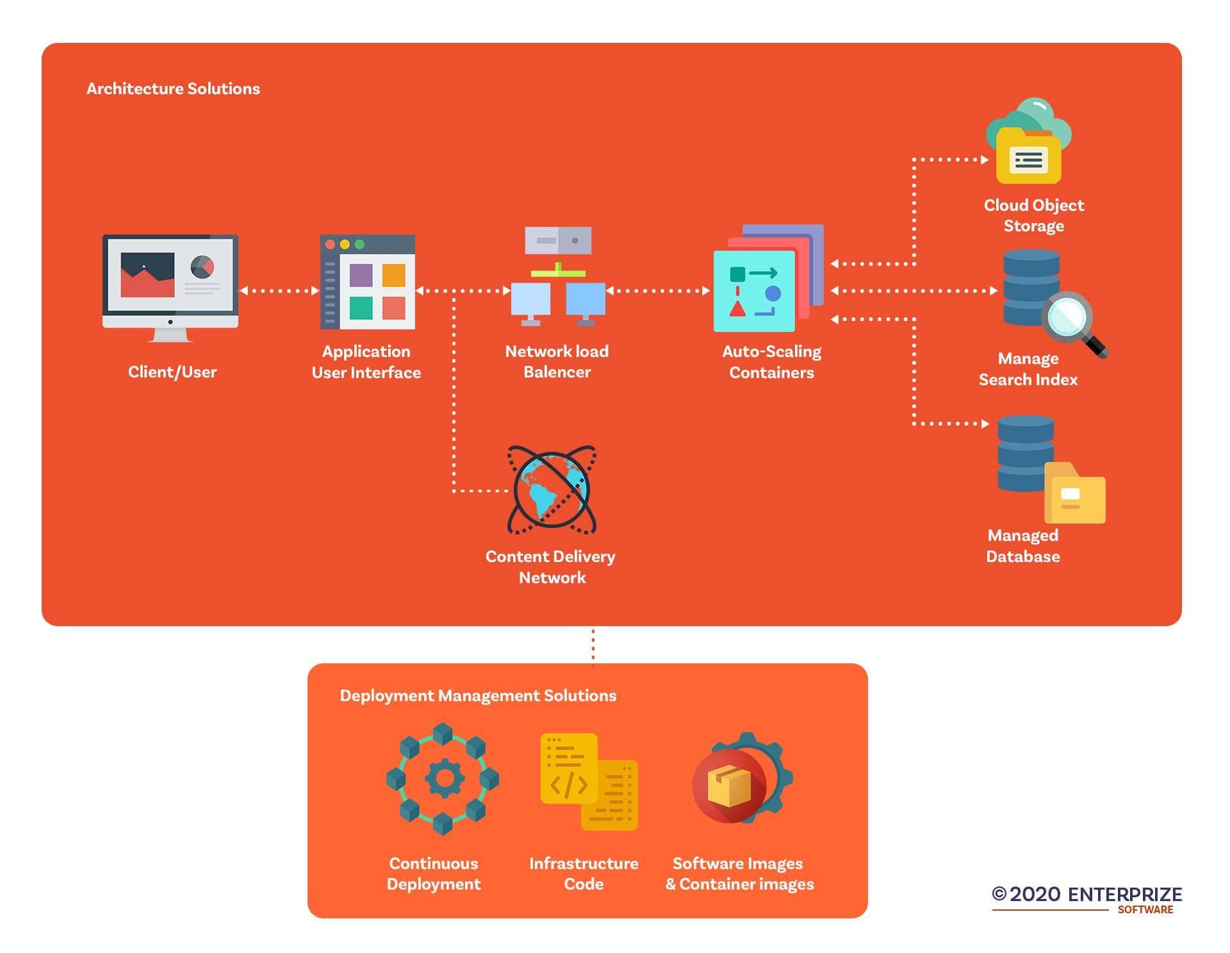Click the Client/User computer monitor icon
[x=170, y=288]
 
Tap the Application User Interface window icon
[x=368, y=282]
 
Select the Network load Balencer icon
[x=558, y=276]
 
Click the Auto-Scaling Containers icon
[x=768, y=278]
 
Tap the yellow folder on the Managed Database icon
[x=1075, y=493]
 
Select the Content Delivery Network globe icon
[x=552, y=490]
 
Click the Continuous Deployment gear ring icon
[x=443, y=779]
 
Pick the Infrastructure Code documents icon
[x=589, y=782]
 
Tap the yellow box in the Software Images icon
[x=729, y=786]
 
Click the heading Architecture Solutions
[x=173, y=88]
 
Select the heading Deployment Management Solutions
[x=478, y=696]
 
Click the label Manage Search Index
[x=1028, y=369]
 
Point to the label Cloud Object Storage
[x=1034, y=215]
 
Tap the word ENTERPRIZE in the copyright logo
[x=1125, y=895]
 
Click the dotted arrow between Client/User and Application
[x=279, y=291]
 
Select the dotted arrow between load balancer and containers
[x=658, y=291]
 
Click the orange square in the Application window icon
[x=394, y=275]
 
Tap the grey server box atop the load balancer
[x=558, y=240]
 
